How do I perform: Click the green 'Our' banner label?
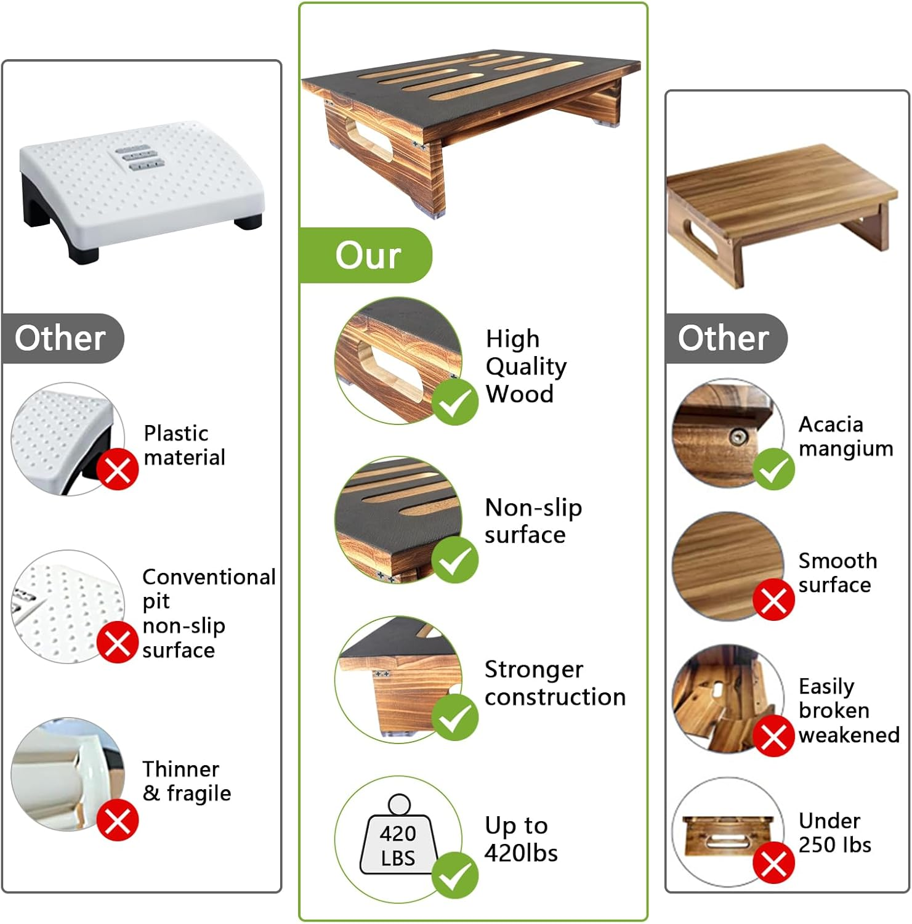(x=367, y=255)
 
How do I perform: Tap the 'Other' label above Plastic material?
(x=60, y=338)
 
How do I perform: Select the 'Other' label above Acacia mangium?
(x=723, y=338)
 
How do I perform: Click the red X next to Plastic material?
(x=117, y=470)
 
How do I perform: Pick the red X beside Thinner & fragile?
(x=117, y=820)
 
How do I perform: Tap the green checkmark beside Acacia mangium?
(x=773, y=469)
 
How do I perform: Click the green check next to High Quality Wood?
(x=454, y=402)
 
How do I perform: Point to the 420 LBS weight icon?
(x=398, y=838)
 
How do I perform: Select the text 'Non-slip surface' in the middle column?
(x=533, y=521)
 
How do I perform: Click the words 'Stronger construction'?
(x=554, y=683)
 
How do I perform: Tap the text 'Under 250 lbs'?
(x=834, y=832)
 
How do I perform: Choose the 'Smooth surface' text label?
(x=837, y=572)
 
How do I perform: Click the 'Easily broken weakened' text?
(x=847, y=710)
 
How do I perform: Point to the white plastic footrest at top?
(x=142, y=188)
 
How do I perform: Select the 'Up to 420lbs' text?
(x=521, y=839)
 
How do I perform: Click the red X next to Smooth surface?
(x=773, y=599)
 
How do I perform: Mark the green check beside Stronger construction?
(x=454, y=718)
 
